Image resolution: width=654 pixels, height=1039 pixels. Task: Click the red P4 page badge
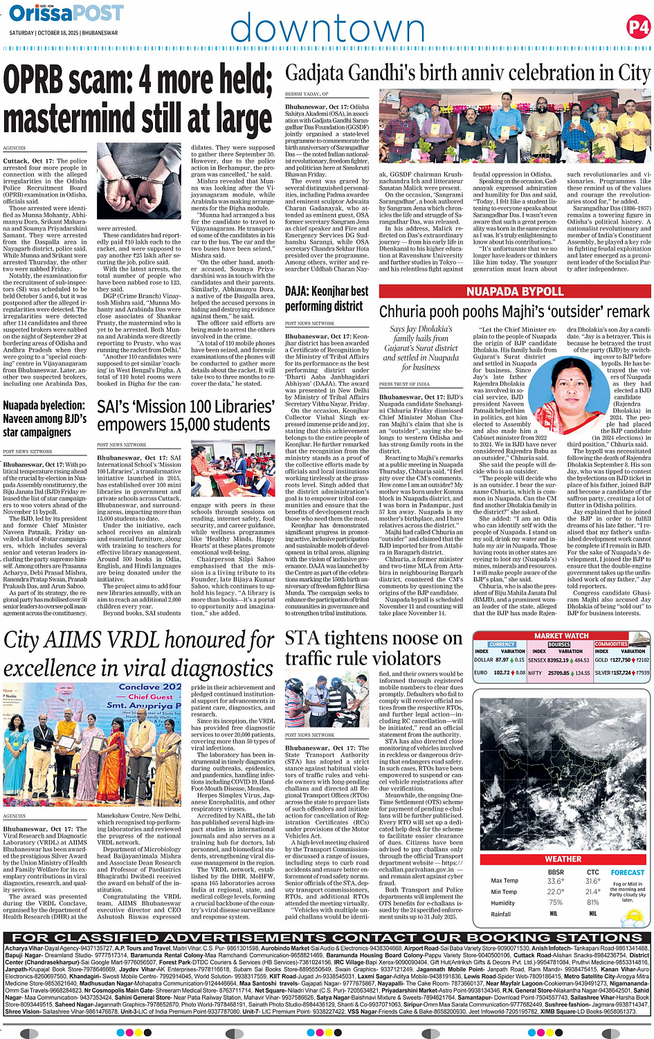coord(637,27)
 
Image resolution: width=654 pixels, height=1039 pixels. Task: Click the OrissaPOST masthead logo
coord(66,12)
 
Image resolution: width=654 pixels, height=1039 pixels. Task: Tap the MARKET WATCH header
coord(561,635)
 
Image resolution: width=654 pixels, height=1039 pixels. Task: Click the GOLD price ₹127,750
coord(620,660)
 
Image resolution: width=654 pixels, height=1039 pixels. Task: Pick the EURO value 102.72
coord(502,673)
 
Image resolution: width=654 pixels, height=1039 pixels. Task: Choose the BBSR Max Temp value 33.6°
coord(555,881)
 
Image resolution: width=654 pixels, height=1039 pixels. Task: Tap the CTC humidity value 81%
coord(592,903)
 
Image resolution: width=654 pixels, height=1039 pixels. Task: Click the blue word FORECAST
coord(627,872)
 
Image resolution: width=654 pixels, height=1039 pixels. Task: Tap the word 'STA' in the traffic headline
coord(303,638)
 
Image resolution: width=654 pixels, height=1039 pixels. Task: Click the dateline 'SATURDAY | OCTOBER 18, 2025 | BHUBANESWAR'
coord(63,33)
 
